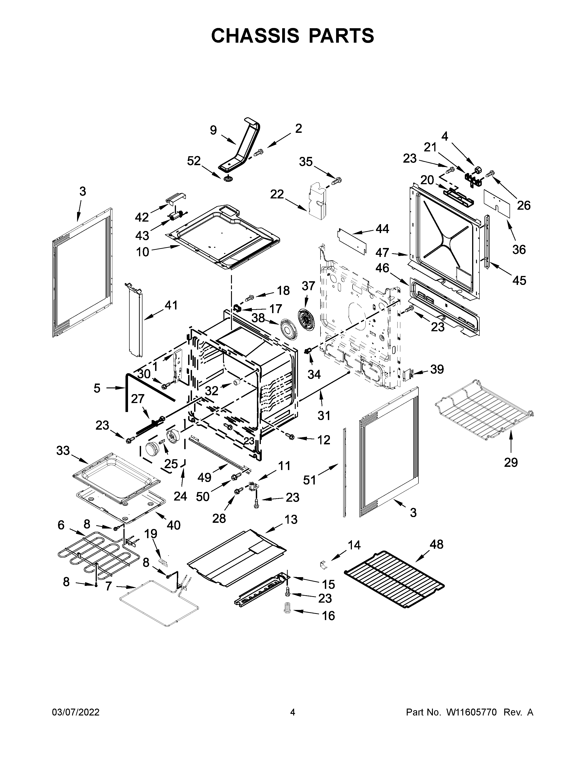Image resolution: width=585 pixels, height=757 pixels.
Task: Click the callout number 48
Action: pos(436,545)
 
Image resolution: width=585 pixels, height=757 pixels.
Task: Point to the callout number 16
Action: pos(328,616)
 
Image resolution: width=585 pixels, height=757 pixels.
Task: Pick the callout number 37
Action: pos(308,286)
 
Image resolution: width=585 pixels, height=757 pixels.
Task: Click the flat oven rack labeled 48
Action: pos(394,579)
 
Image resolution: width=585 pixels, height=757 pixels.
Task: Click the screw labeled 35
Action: pos(337,181)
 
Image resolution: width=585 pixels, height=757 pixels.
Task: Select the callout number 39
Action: pos(437,370)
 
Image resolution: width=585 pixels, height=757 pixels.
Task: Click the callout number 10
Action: pos(142,252)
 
